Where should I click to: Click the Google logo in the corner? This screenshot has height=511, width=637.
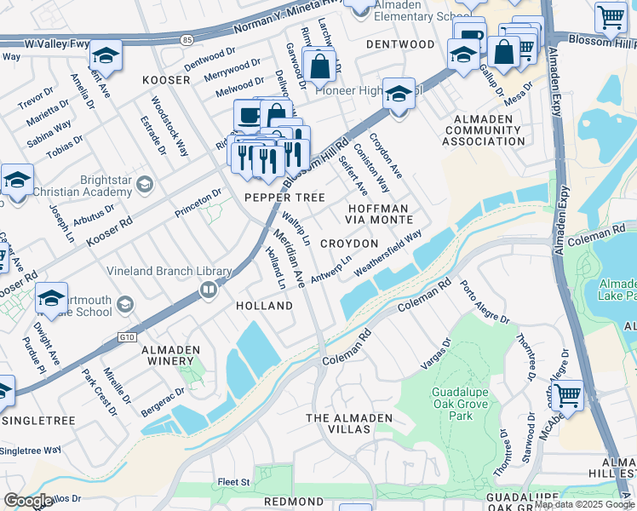28,501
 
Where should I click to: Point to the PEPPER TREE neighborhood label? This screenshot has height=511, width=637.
285,198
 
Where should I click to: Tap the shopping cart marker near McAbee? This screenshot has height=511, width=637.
567,395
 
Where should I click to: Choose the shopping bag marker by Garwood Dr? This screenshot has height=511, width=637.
318,65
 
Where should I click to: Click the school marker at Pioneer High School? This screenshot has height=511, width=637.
398,93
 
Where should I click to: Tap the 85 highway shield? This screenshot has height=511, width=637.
187,38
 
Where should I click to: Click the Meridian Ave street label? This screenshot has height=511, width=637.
288,256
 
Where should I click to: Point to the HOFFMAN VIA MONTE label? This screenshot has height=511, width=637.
380,214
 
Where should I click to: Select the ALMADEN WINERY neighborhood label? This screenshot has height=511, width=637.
169,356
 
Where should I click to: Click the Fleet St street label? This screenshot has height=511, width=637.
233,482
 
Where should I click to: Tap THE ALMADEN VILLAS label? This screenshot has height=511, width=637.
350,423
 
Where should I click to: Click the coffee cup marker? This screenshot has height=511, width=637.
250,116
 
